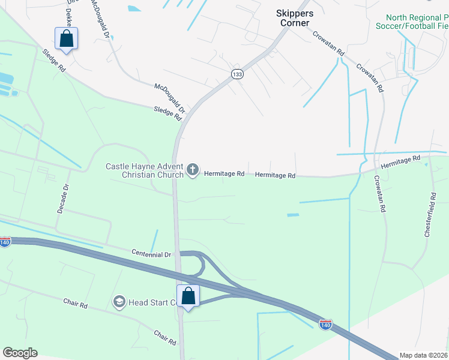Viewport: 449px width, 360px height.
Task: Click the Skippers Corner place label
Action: (x=292, y=17)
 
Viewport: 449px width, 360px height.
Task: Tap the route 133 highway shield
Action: (x=237, y=73)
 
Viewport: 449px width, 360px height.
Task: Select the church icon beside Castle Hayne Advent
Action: (x=193, y=170)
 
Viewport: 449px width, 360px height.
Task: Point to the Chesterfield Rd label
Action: (x=430, y=214)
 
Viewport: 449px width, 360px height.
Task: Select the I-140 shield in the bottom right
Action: (x=325, y=325)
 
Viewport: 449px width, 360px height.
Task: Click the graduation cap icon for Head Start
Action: (x=118, y=301)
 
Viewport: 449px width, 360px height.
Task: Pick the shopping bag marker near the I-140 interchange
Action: (x=188, y=296)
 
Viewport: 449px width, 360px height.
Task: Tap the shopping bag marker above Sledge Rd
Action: (x=66, y=38)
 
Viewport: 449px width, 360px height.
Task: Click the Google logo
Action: (x=20, y=353)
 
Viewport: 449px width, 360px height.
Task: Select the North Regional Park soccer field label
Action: (x=411, y=22)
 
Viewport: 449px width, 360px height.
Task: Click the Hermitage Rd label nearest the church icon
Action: (x=224, y=174)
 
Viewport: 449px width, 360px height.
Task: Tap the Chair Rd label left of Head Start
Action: (x=76, y=304)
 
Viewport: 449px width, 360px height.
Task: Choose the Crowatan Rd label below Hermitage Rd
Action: (x=379, y=193)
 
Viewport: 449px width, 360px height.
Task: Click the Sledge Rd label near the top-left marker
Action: (x=53, y=60)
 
